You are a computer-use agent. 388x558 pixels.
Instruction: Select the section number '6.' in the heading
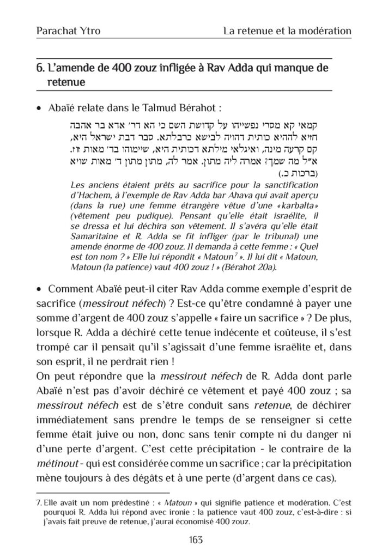40,69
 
